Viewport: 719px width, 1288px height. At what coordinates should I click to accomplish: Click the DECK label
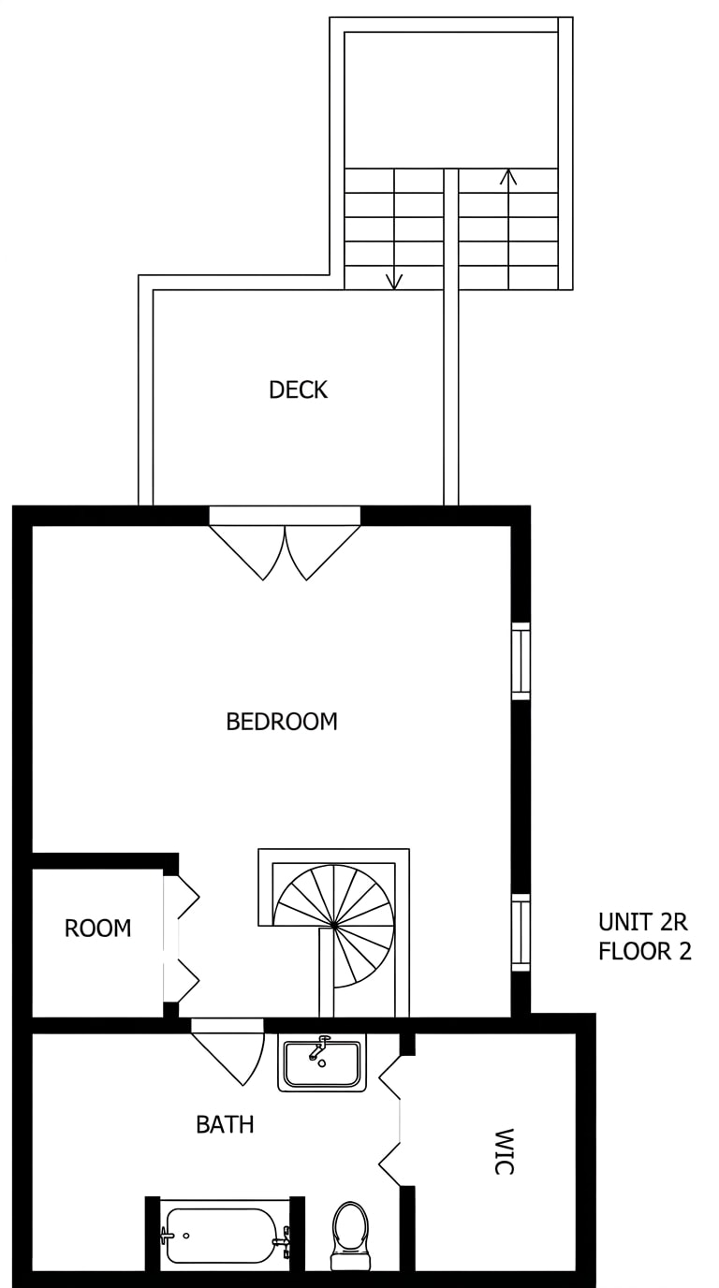[298, 389]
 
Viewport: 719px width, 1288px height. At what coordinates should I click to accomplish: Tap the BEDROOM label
[281, 722]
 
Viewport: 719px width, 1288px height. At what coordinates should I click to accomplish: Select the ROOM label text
[97, 929]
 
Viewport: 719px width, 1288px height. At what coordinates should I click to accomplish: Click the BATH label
[225, 1124]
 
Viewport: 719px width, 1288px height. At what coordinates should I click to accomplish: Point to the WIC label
[504, 1151]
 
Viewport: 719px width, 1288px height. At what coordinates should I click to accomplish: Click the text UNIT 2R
[643, 922]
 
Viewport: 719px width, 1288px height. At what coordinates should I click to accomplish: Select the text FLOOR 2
[644, 952]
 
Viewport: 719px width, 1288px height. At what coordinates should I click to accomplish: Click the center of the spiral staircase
[333, 925]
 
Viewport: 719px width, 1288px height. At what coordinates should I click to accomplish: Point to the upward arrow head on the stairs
[508, 177]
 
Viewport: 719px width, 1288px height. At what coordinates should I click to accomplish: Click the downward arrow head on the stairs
[394, 281]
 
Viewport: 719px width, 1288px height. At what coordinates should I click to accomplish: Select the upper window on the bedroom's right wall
[521, 661]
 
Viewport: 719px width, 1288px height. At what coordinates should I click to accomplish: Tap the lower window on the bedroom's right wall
[521, 932]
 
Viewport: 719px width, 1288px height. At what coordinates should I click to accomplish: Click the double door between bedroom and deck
[285, 543]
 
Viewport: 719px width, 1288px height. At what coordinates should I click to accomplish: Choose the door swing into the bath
[228, 1052]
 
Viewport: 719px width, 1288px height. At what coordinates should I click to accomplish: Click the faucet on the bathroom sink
[318, 1049]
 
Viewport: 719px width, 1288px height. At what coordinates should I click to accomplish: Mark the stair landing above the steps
[451, 100]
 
